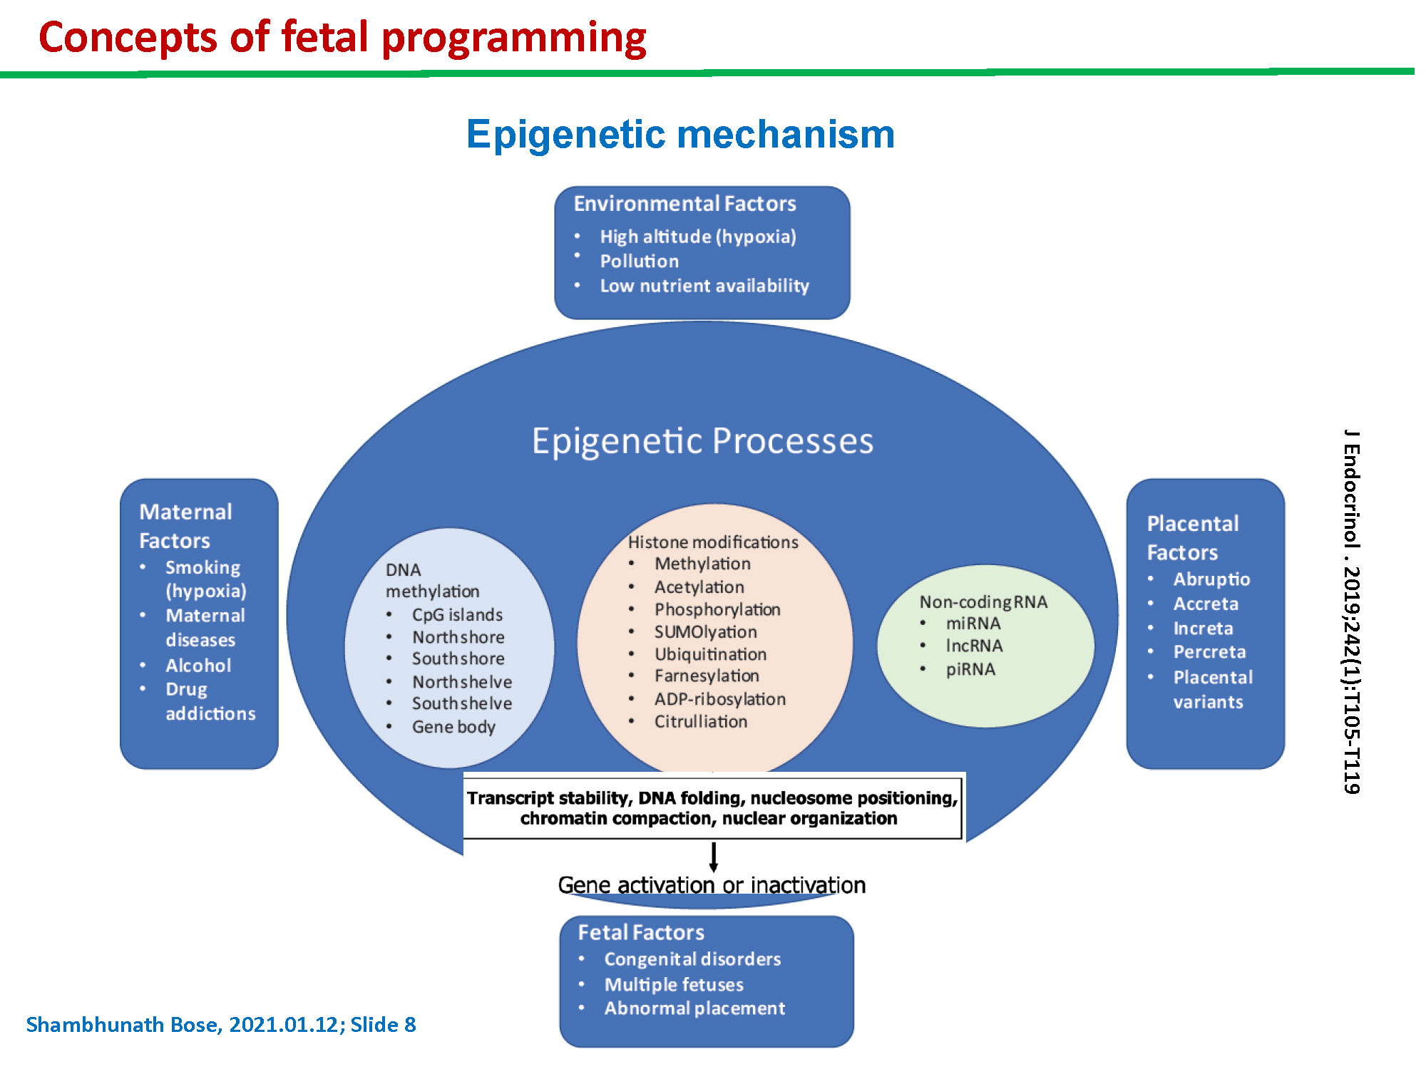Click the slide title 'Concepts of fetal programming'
coord(342,38)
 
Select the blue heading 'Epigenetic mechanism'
coord(680,134)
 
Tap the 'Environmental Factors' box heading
coord(684,204)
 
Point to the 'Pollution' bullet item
coord(639,261)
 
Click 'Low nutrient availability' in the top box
coord(704,286)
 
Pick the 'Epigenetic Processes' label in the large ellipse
coord(702,441)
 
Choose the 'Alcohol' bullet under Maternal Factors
coord(198,666)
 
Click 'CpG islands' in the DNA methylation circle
coord(457,614)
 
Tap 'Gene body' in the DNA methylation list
coord(453,727)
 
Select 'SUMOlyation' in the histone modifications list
coord(706,632)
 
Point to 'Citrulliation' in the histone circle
coord(701,721)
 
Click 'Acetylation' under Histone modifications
coord(699,587)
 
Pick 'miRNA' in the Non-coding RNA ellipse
coord(973,624)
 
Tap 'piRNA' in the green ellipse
coord(970,669)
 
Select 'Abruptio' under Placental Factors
coord(1211,579)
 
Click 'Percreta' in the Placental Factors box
coord(1209,652)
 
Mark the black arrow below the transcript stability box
coord(713,857)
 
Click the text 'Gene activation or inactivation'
coord(712,885)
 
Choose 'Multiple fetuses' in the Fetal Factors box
coord(674,984)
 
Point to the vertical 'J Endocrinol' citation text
coord(1352,611)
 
